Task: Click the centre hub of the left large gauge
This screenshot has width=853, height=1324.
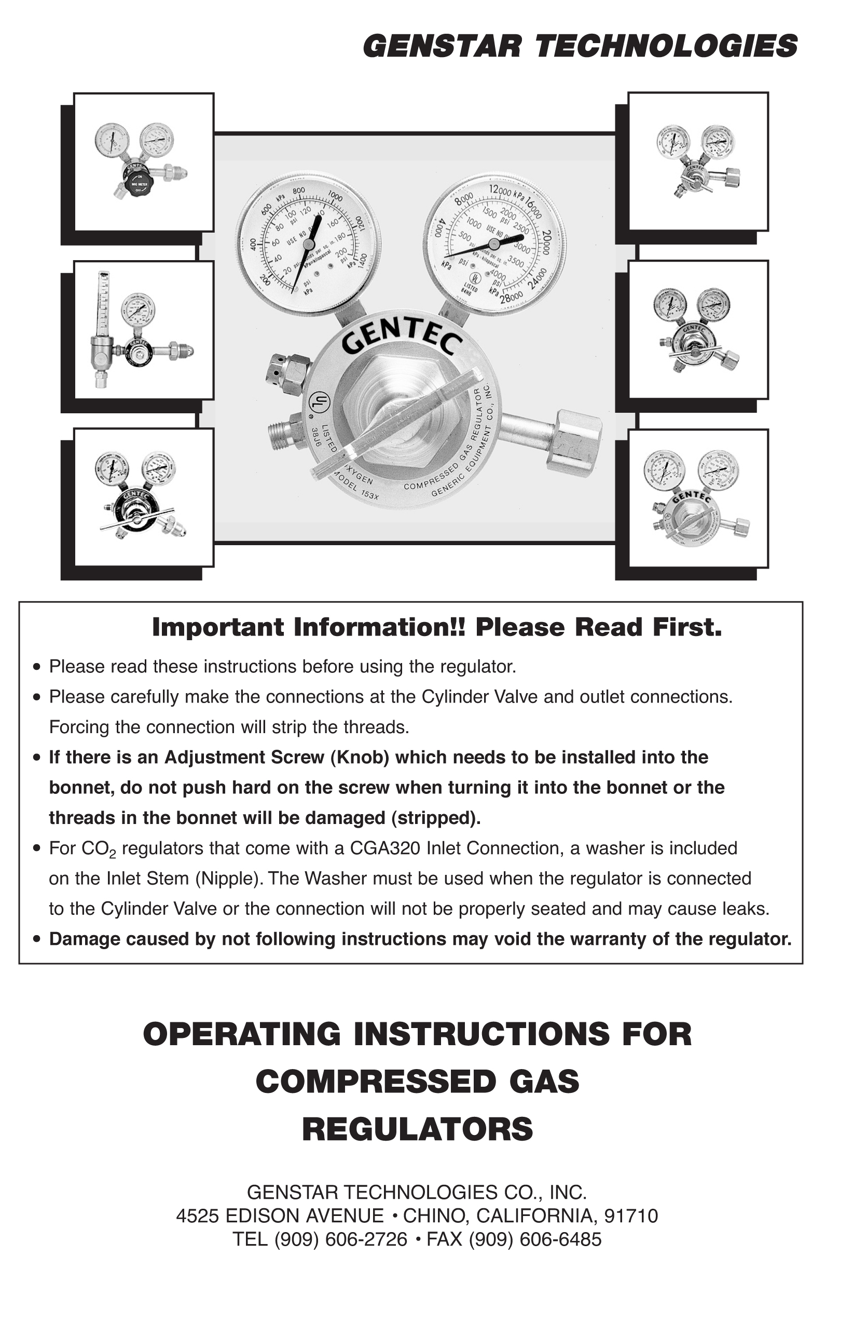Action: click(309, 244)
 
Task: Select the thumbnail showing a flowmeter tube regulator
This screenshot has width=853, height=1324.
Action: click(143, 330)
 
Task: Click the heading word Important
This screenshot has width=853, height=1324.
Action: click(219, 627)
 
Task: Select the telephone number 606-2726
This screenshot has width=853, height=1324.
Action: click(366, 1239)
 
